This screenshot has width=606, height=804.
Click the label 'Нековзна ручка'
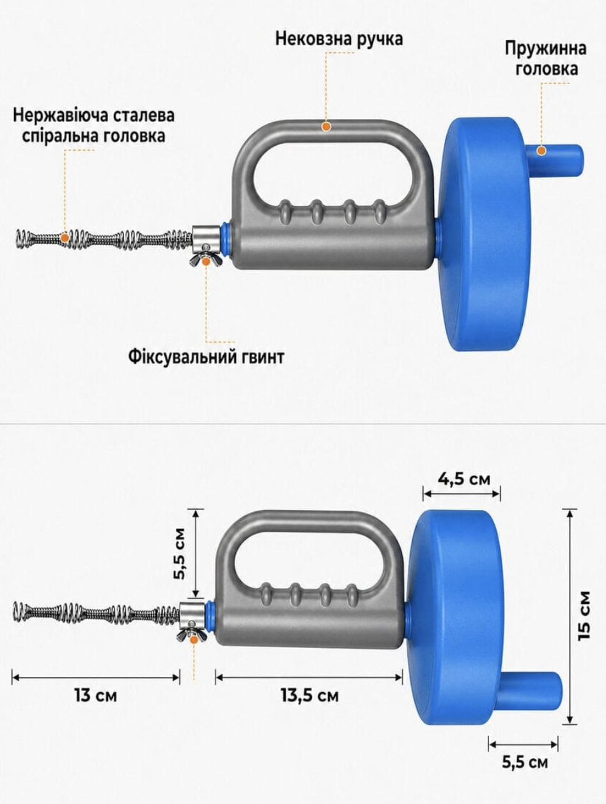point(339,38)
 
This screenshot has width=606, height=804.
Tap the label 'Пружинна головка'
point(545,59)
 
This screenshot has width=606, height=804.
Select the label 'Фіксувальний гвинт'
point(206,357)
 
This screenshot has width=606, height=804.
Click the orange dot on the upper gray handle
point(326,127)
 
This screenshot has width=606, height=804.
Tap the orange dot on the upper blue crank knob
point(541,150)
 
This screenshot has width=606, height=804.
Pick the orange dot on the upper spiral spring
point(65,237)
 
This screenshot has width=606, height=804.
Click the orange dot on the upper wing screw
point(206,261)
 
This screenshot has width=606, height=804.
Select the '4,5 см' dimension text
point(463,479)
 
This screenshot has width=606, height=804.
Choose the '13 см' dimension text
point(96,695)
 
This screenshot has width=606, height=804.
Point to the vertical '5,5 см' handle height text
point(180,553)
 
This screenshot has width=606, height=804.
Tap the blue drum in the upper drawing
point(485,235)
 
